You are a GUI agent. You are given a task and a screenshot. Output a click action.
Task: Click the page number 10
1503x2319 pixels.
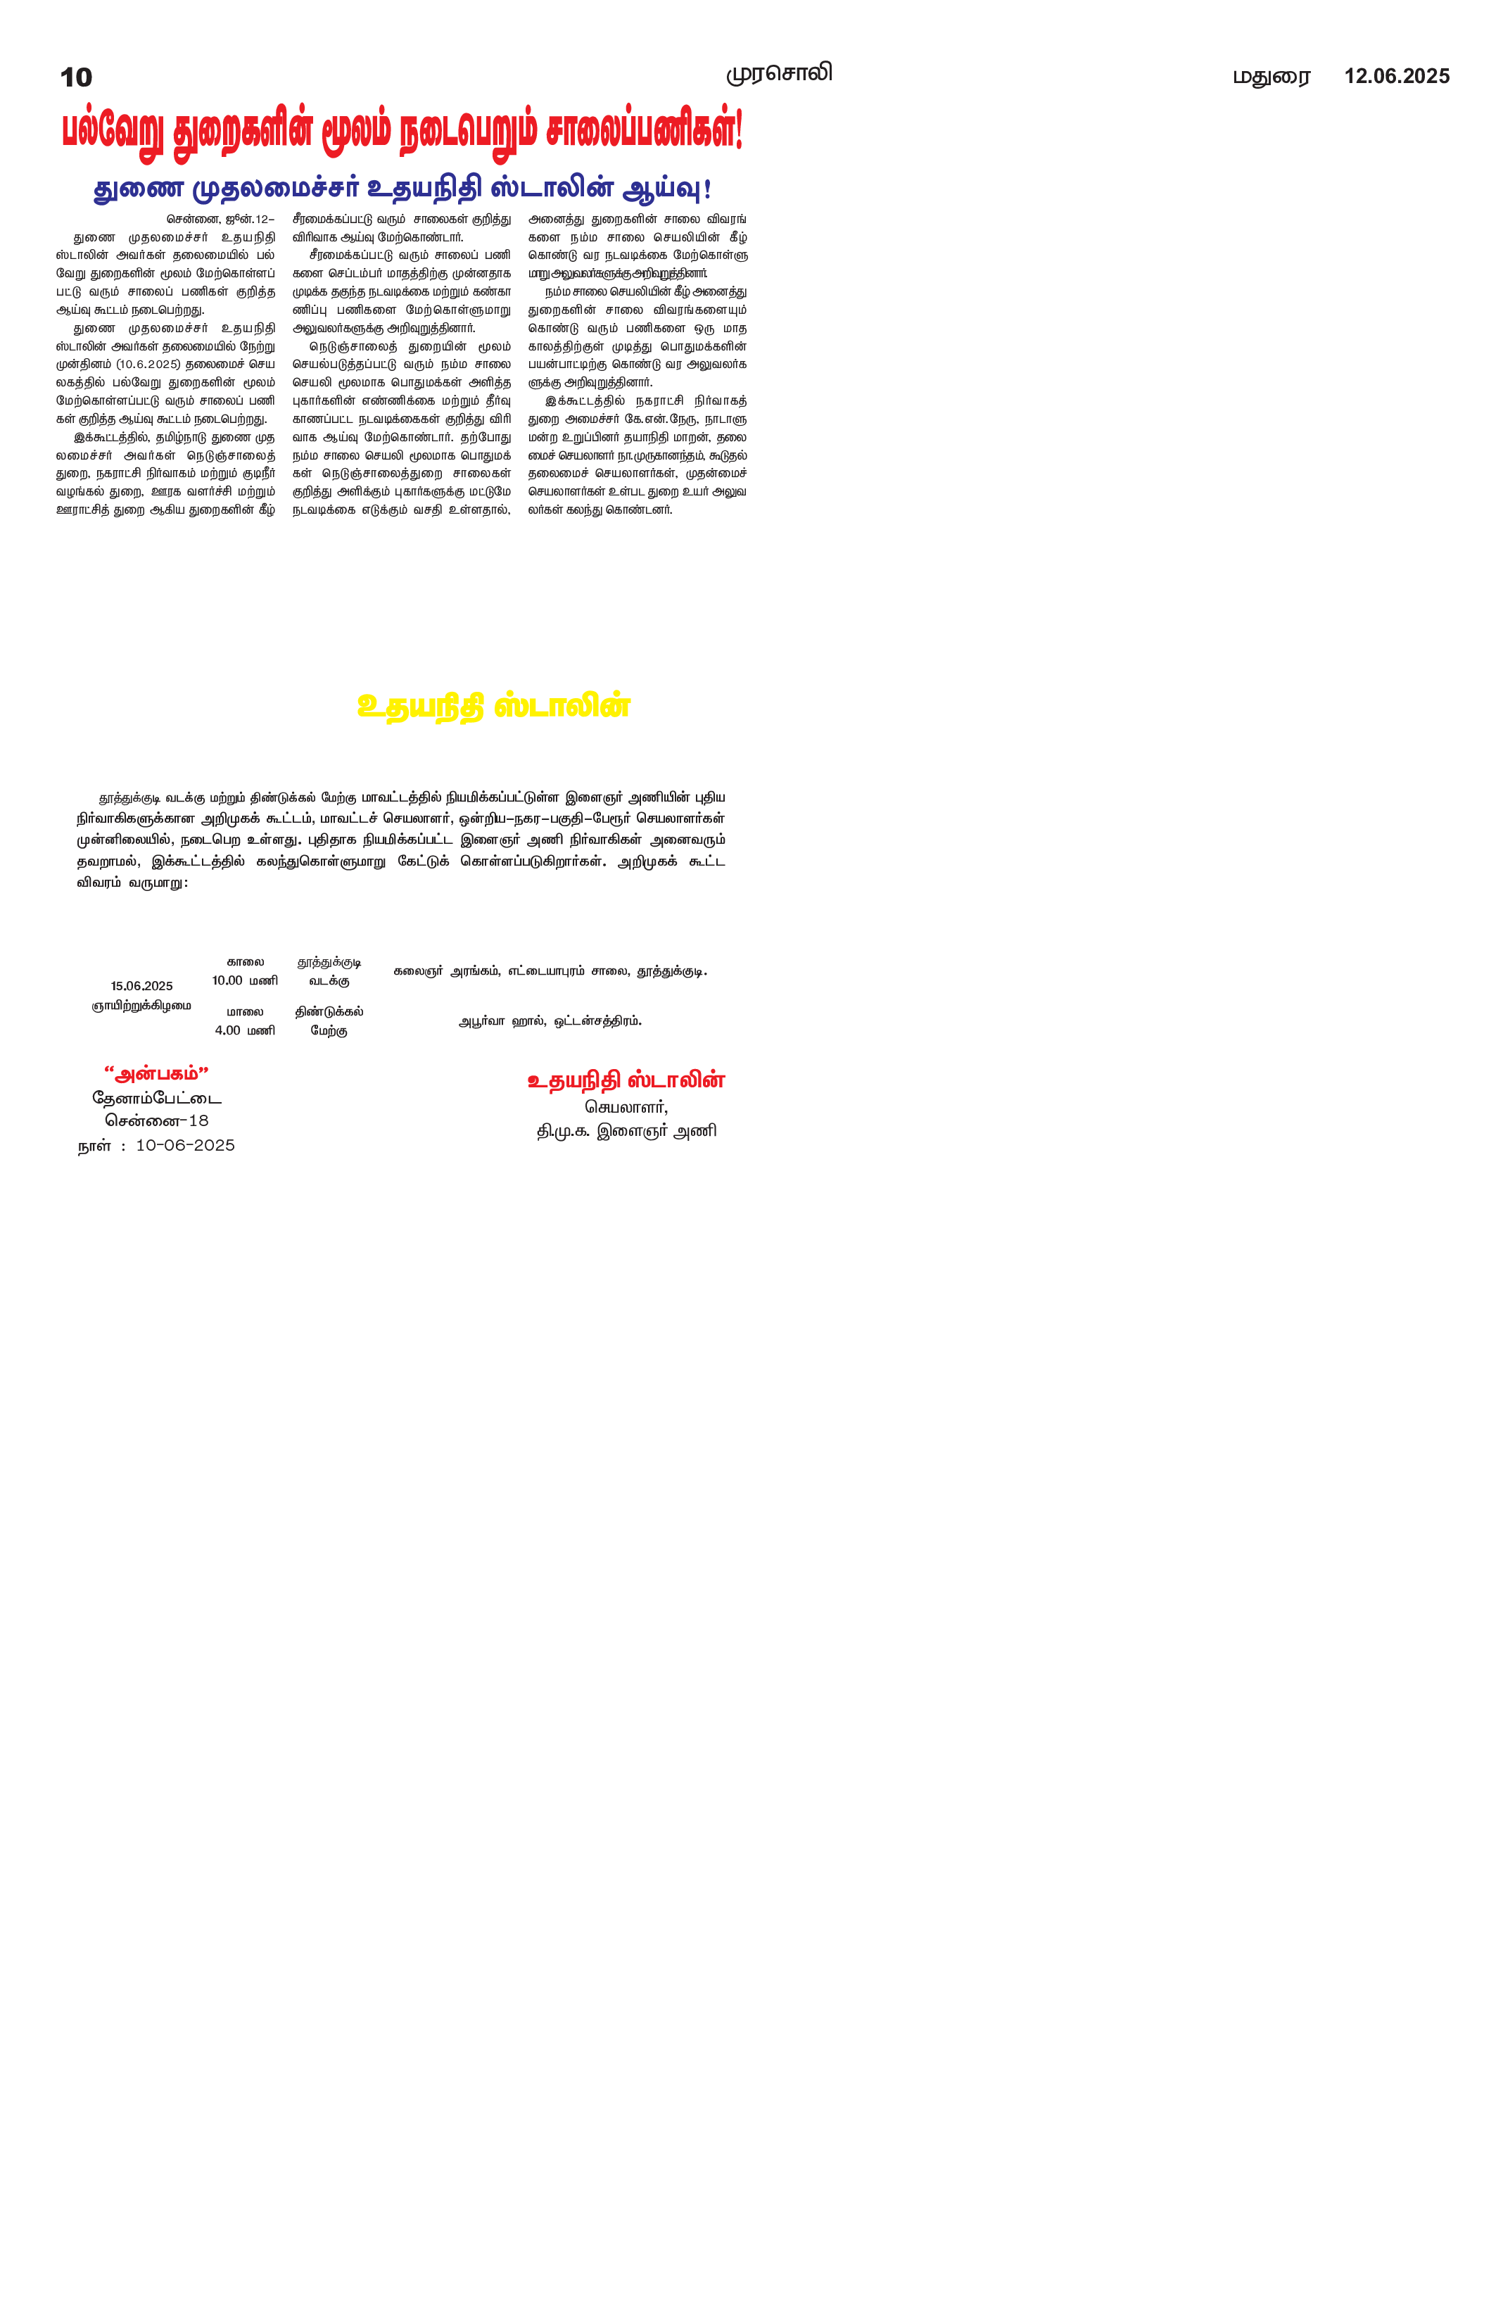[x=76, y=77]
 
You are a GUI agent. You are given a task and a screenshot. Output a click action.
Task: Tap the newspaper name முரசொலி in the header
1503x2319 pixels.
[x=778, y=73]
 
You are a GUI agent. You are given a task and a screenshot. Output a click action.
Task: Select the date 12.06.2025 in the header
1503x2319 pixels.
[x=1396, y=76]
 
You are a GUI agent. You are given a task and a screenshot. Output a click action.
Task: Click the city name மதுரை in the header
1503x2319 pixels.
[x=1271, y=77]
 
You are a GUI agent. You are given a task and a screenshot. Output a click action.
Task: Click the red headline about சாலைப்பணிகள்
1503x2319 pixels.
[x=402, y=132]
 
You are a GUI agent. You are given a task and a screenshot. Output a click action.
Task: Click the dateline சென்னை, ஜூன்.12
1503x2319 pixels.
[x=220, y=220]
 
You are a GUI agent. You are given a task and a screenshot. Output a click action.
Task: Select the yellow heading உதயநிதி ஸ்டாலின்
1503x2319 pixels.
[x=494, y=705]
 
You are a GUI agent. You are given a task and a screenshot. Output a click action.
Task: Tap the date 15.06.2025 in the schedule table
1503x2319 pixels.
[x=141, y=986]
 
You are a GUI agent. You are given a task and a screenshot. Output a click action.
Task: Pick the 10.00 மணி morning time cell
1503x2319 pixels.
[x=244, y=980]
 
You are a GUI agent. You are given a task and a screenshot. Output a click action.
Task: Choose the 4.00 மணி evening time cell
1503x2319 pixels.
[x=244, y=1030]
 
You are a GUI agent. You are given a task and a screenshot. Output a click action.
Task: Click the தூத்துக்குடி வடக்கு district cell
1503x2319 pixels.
[x=329, y=971]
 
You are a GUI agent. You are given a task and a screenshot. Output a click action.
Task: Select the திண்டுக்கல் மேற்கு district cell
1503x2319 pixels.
[x=329, y=1021]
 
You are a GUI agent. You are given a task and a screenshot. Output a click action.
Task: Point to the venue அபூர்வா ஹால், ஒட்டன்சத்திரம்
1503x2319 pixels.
[x=550, y=1021]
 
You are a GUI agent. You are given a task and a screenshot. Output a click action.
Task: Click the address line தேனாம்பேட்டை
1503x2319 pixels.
[x=157, y=1098]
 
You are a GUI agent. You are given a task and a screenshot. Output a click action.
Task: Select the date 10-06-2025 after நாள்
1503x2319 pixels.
[x=185, y=1145]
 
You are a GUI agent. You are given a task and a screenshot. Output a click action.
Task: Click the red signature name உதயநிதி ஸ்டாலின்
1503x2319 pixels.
[x=626, y=1080]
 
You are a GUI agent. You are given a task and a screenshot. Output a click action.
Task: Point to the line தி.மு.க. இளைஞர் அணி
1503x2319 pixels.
[x=626, y=1131]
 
